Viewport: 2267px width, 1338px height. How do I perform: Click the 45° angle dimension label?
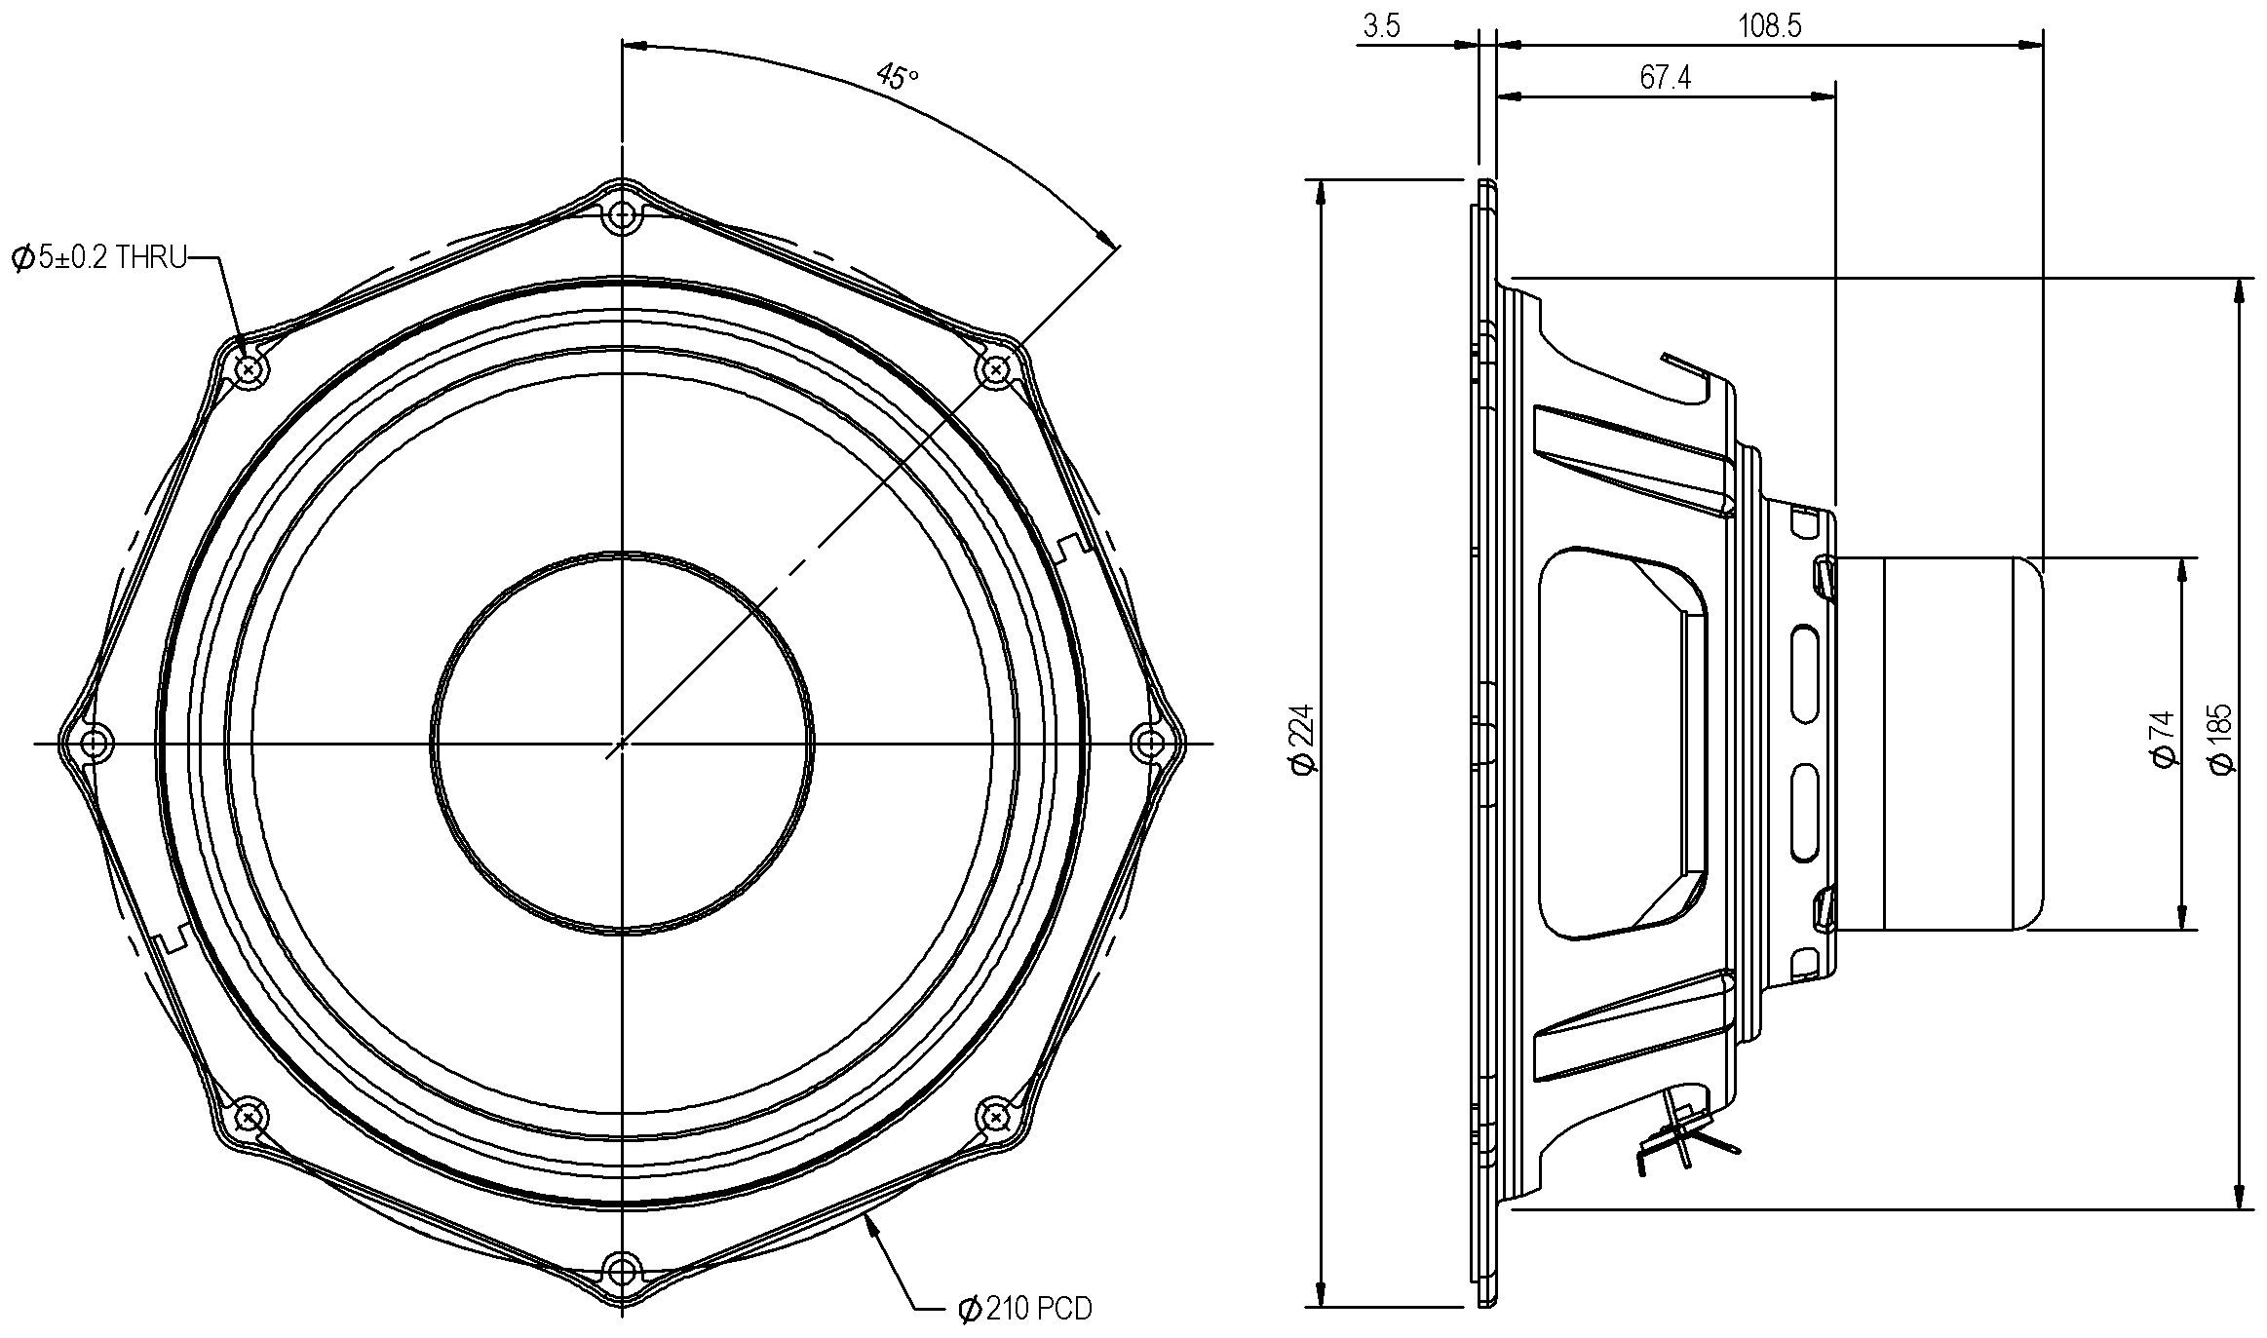[897, 76]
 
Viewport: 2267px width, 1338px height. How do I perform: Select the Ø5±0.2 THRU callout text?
[99, 258]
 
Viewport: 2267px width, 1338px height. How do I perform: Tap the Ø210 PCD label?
[1024, 1309]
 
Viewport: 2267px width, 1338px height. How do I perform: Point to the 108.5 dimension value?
[1769, 26]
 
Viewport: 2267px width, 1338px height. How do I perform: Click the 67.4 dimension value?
[1665, 78]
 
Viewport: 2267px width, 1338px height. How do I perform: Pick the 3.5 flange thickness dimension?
[1381, 26]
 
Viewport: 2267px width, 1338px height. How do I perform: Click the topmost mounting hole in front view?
[622, 215]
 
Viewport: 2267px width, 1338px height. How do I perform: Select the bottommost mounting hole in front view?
[622, 1270]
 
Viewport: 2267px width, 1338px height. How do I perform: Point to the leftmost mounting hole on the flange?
[94, 744]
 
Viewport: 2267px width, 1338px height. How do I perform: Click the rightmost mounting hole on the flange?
[1150, 744]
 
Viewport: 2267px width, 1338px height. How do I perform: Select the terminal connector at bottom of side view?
[1681, 1135]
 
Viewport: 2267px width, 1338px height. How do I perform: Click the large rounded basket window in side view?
[1620, 743]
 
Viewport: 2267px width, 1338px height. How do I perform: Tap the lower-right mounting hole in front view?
[996, 1116]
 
